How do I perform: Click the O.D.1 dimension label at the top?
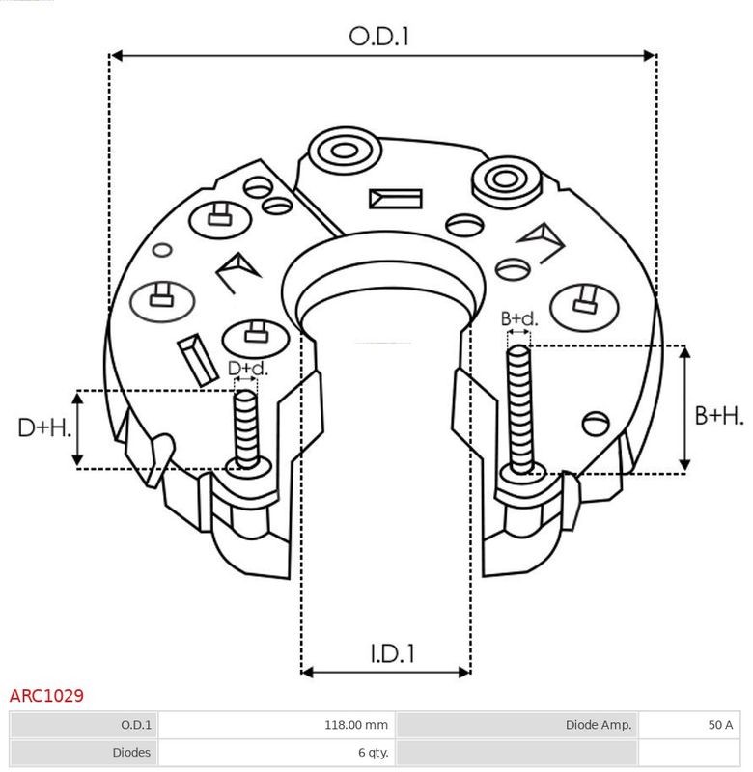point(378,37)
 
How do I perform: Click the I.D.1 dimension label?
point(392,653)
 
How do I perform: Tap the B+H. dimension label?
point(719,416)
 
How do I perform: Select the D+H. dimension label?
point(44,427)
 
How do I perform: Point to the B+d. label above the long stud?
point(519,319)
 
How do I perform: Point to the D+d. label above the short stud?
point(248,369)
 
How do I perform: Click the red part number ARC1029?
point(46,696)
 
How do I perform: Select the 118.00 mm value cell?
point(355,725)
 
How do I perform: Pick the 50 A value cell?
point(720,725)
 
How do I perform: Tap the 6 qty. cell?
point(374,753)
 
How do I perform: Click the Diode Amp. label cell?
point(599,725)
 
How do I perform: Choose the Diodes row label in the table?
point(131,753)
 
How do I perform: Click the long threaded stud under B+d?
point(519,409)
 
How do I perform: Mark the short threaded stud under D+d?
point(246,428)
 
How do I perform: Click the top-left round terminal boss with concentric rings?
point(344,151)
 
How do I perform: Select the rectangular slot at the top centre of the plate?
point(396,199)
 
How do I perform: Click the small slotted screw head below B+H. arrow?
point(596,424)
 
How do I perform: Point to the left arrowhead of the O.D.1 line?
point(116,56)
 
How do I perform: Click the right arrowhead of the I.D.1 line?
point(464,672)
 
